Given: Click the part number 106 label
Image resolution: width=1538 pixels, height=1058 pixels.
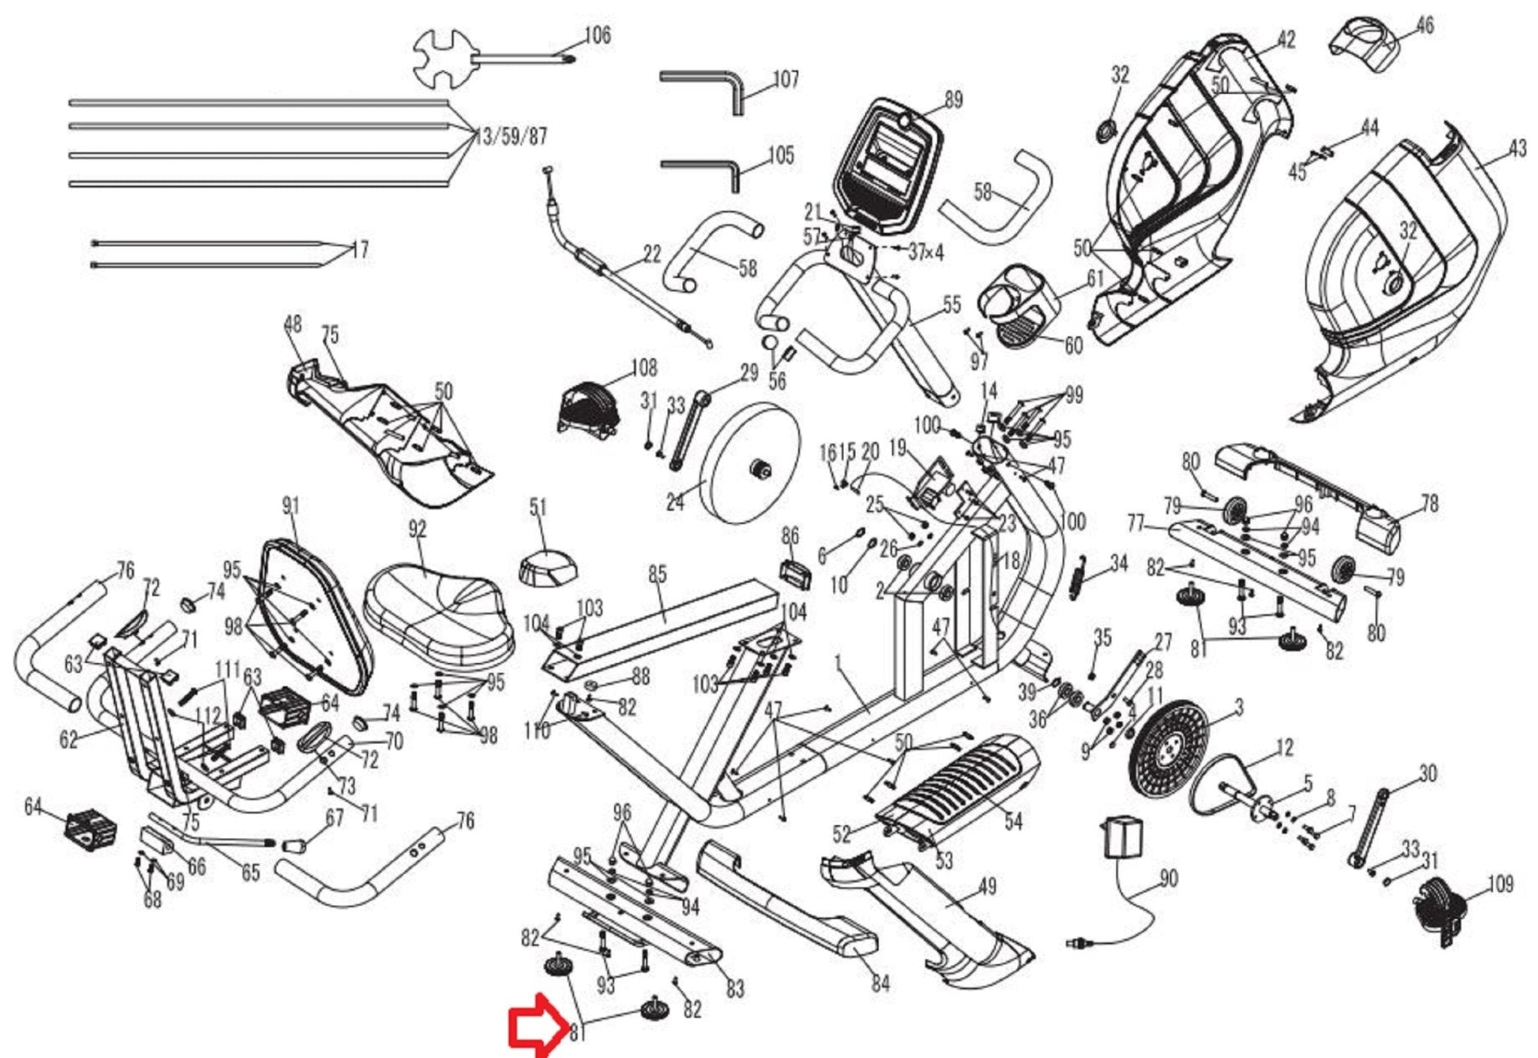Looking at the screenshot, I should (597, 35).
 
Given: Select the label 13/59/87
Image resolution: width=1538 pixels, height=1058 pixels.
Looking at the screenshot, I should (511, 137).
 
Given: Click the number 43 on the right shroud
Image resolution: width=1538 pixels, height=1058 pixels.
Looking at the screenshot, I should (1517, 149).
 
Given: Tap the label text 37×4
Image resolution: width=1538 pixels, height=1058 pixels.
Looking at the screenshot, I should (926, 252).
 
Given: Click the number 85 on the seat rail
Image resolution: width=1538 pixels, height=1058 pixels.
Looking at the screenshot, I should (657, 574).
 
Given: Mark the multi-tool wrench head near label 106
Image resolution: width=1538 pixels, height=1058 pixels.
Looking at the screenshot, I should (443, 57).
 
